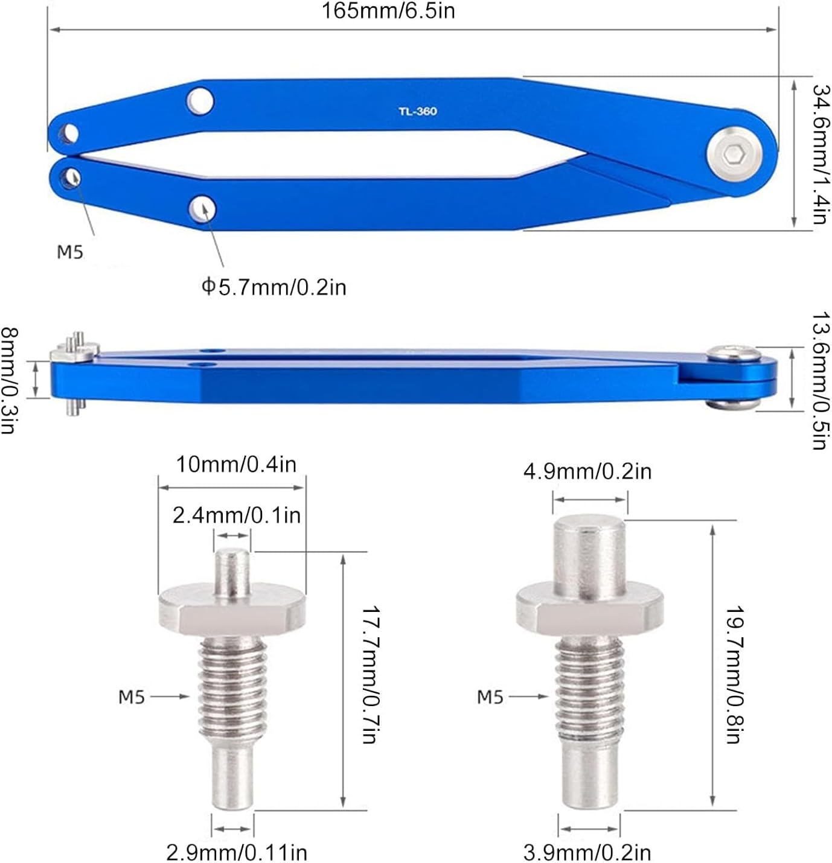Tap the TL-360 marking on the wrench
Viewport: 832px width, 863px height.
coord(417,112)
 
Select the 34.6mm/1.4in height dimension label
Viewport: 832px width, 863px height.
coord(821,154)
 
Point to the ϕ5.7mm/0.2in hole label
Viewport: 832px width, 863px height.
coord(274,287)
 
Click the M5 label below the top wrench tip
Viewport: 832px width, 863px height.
coord(70,252)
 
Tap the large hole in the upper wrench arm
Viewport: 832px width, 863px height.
coord(200,100)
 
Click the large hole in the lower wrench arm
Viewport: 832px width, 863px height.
coord(202,208)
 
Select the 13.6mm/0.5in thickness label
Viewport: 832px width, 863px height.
coord(819,381)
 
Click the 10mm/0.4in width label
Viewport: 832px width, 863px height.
coord(236,465)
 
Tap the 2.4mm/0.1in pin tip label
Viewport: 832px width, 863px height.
coord(236,515)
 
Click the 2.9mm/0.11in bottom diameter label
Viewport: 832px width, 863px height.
coord(237,852)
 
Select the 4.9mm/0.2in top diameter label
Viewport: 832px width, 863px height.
coord(587,471)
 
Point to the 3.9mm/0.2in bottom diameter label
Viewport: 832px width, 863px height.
coord(587,852)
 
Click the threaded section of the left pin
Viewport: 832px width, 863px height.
coord(232,688)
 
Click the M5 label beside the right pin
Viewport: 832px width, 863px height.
coord(490,697)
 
